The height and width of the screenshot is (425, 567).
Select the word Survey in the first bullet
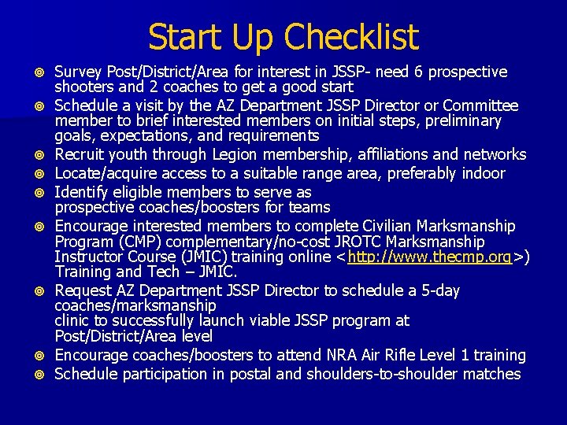point(78,72)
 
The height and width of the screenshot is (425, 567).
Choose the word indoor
point(481,173)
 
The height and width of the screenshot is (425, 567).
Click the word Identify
point(80,192)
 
